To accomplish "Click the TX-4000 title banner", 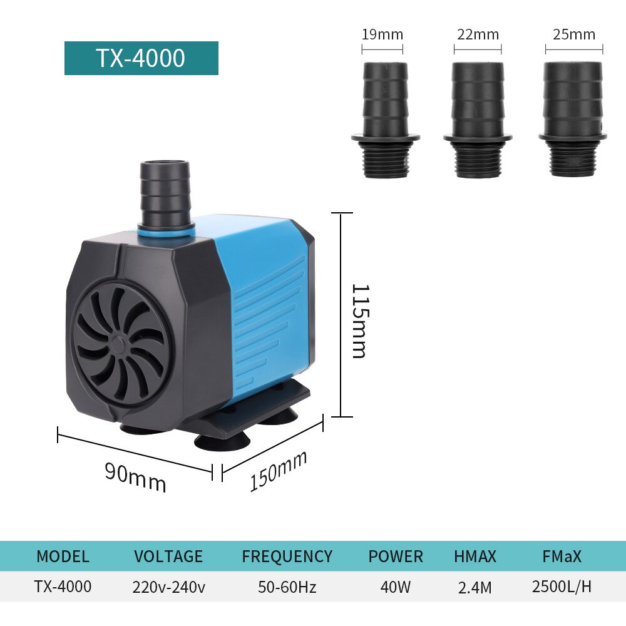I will [x=141, y=58].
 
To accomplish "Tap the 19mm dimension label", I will [x=382, y=34].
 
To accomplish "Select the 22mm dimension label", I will [x=478, y=34].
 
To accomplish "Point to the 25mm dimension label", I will [x=573, y=34].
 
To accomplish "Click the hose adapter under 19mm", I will [x=385, y=119].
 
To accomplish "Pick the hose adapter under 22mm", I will [x=478, y=119].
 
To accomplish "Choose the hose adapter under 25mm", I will [x=572, y=119].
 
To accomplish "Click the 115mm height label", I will [x=359, y=321].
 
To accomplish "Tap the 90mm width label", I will [x=135, y=477].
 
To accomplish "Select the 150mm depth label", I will [x=279, y=471].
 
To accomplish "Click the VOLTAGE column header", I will [x=168, y=556].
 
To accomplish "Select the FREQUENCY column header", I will [x=287, y=556].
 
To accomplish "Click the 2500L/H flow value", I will [x=562, y=587].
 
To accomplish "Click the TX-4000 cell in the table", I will [x=63, y=587].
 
